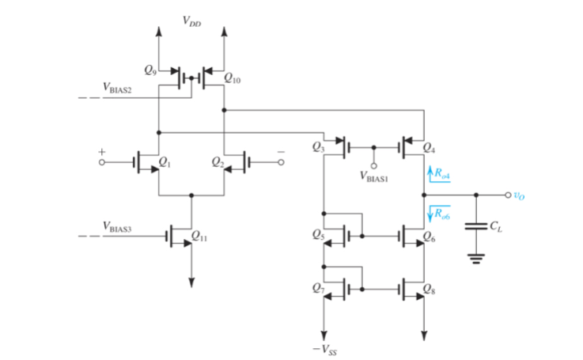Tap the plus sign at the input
(102, 150)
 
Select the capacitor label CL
(495, 226)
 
